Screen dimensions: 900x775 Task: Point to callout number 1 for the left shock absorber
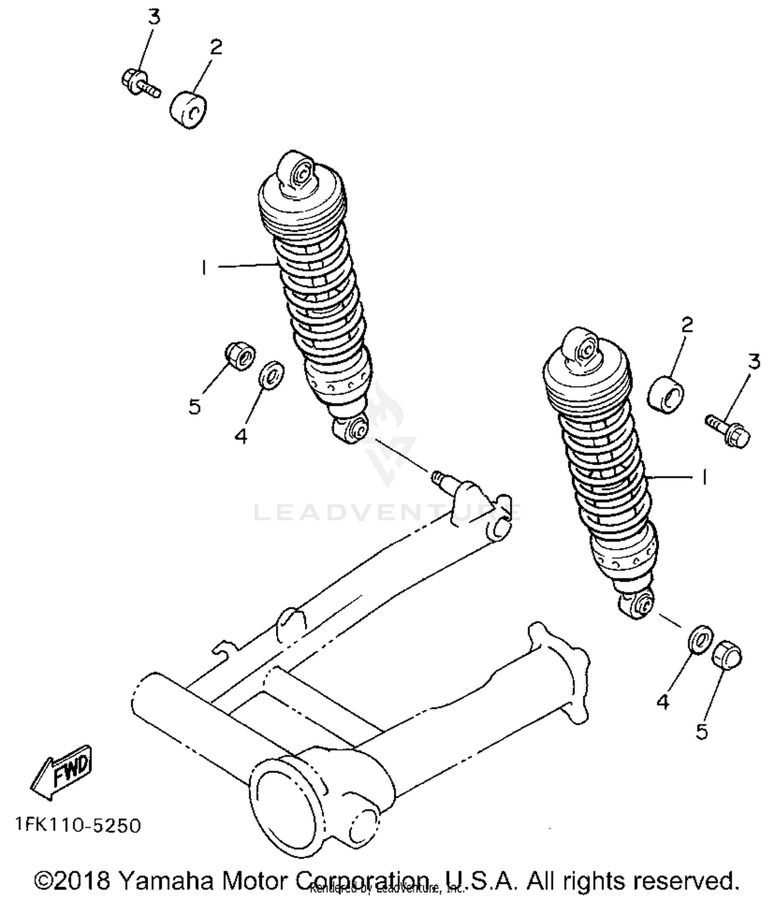coord(204,268)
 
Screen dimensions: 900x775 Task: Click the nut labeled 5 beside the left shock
coord(240,355)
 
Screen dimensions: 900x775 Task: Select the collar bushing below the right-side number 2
coord(665,396)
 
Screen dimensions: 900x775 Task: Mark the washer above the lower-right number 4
coord(701,640)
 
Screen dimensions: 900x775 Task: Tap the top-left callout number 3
coord(154,17)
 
